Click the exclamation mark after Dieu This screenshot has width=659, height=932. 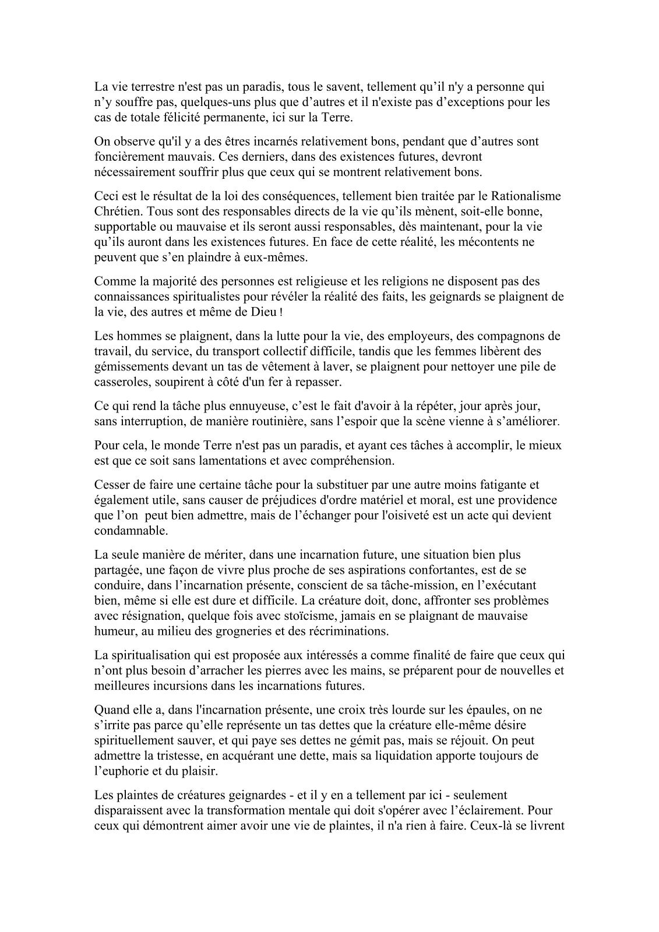pyautogui.click(x=282, y=313)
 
